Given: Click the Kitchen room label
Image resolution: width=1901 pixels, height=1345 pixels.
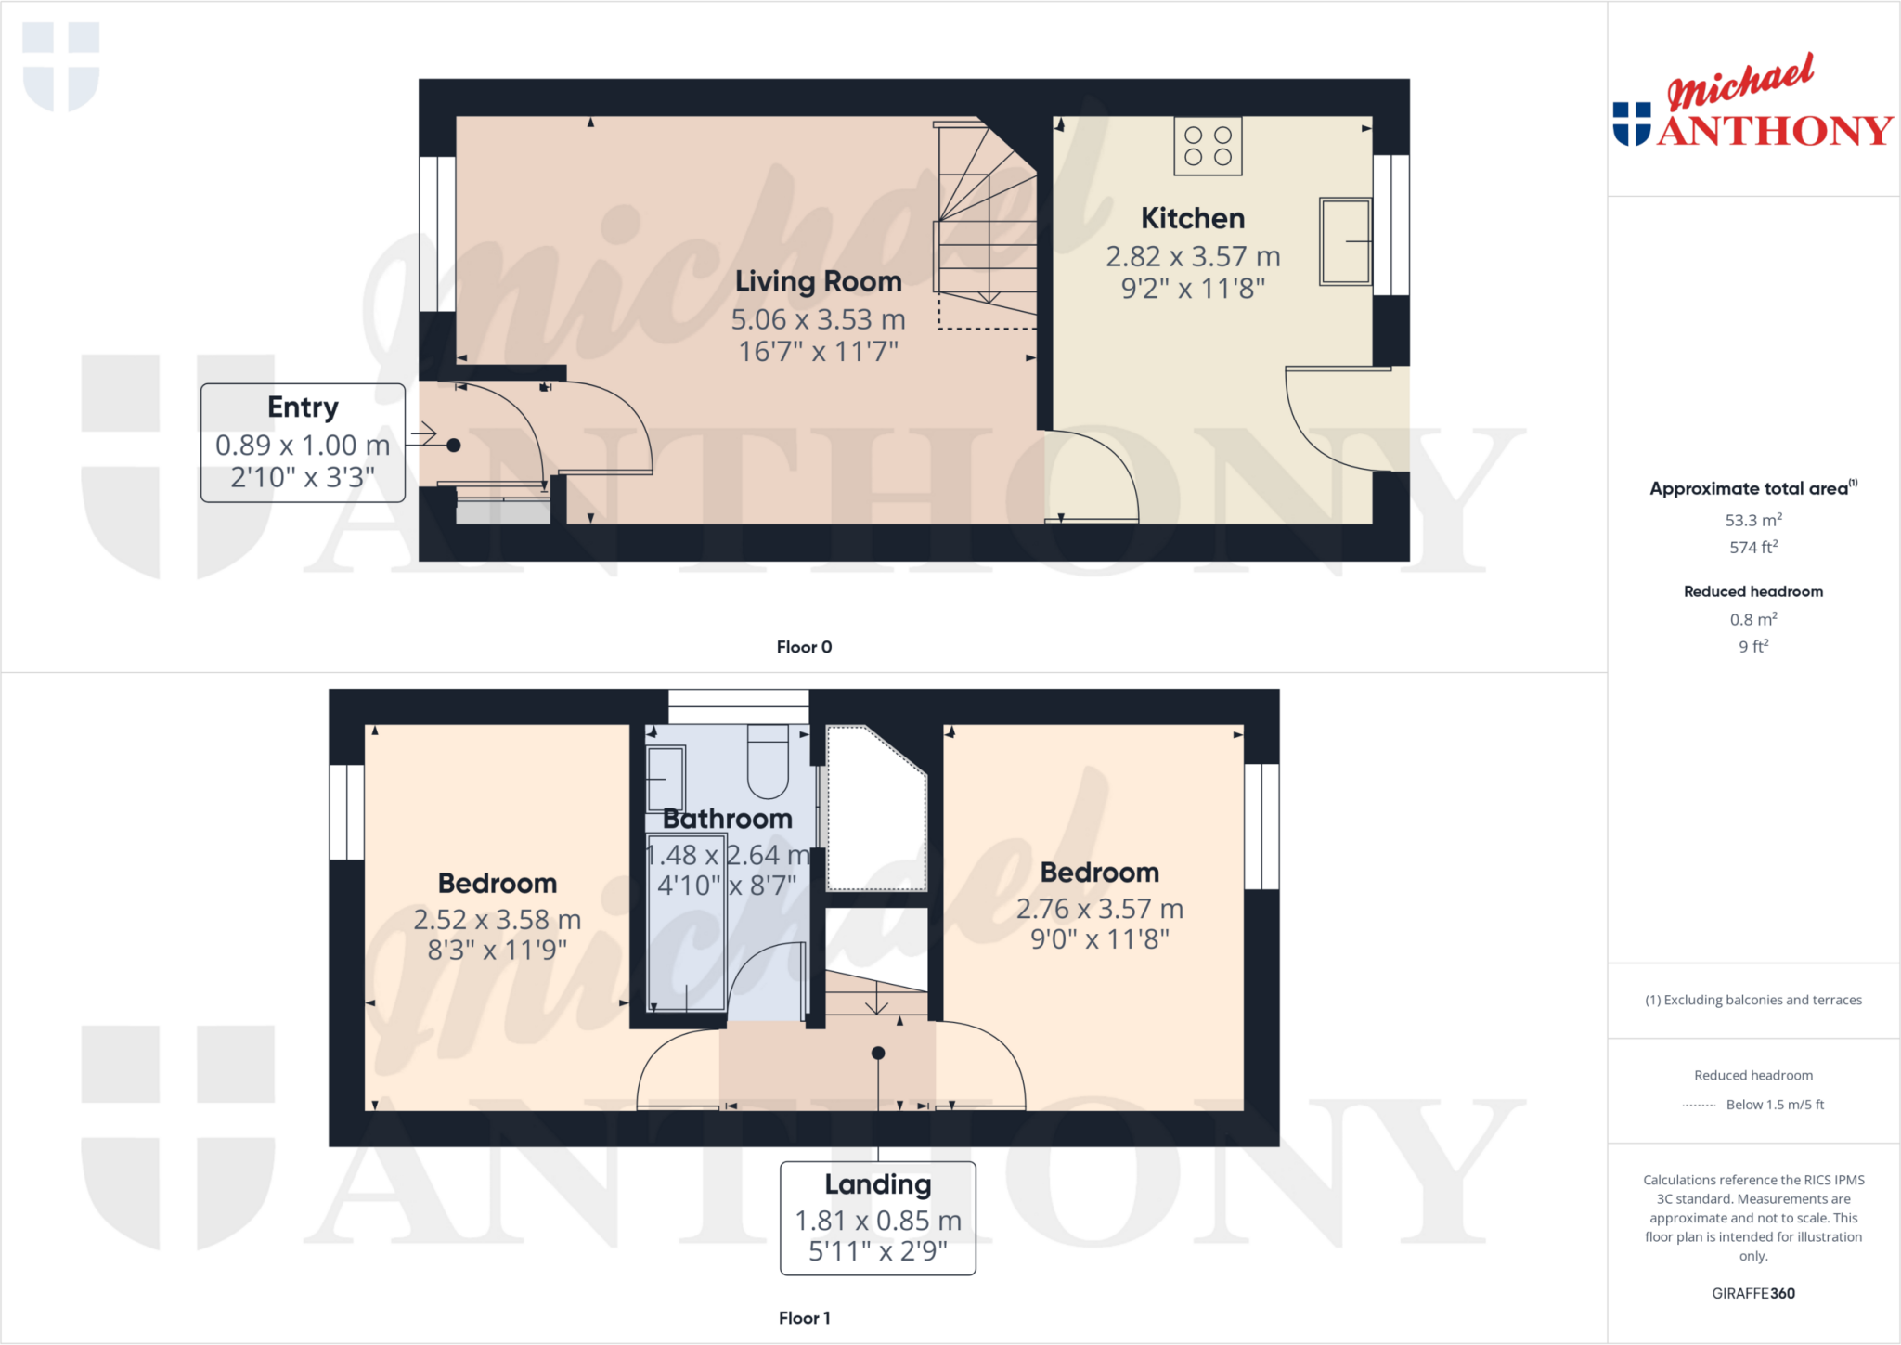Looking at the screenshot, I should coord(1193,219).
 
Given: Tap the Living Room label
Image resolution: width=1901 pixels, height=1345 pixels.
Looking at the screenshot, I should coord(818,281).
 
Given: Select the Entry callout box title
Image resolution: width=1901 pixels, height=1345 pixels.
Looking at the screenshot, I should coord(303,407).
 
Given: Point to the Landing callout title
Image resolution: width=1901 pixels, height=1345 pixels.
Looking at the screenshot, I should coord(877,1184).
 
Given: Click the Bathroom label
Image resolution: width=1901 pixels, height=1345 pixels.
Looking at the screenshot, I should coord(728,819).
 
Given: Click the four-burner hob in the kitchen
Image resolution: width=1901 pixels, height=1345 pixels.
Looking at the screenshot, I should coord(1208,147).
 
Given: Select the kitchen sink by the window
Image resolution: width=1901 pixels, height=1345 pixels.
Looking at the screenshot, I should coord(1344,241).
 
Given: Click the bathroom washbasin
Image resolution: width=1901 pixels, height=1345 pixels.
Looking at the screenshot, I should coord(666,778).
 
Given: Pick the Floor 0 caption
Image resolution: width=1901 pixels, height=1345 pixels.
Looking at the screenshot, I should coord(804,647).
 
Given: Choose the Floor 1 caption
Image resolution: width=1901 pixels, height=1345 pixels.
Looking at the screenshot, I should coord(804,1318).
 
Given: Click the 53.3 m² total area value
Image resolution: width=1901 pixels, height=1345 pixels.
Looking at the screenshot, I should coord(1752,521).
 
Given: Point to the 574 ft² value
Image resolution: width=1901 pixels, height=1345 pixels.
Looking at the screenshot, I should coord(1752,548).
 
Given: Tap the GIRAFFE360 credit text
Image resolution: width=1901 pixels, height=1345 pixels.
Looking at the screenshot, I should coord(1752,1293).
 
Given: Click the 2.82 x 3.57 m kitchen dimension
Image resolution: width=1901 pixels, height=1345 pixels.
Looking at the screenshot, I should coord(1193,256).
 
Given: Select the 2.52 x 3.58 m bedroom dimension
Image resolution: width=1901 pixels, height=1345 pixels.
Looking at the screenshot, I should coord(498,919).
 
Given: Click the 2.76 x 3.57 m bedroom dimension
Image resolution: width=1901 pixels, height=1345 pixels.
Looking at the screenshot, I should coord(1100,909).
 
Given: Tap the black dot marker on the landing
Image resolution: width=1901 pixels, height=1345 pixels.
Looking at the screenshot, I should coord(878,1053).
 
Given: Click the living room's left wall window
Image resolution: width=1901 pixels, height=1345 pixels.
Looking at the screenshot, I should coord(437,234).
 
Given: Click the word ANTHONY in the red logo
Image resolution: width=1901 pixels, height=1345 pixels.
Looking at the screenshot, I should coord(1775,131).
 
